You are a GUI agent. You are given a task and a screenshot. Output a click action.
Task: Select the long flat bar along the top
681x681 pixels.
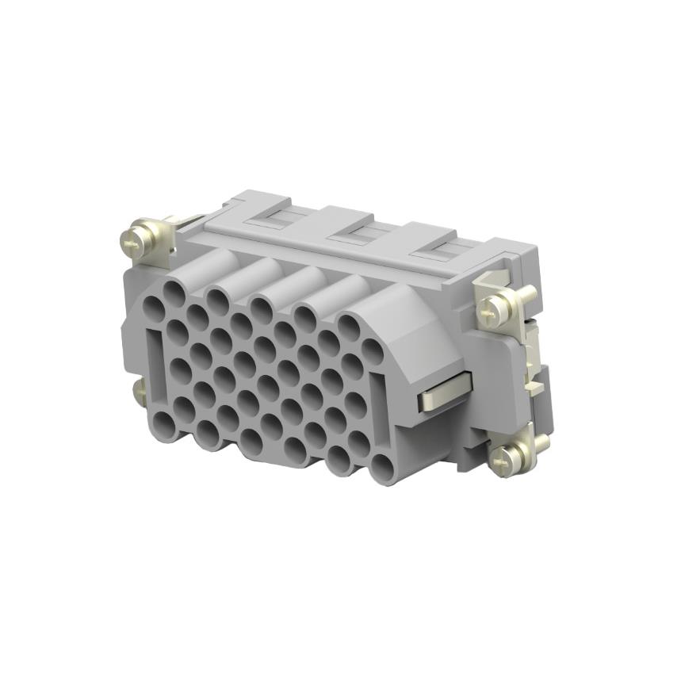point(333,251)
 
